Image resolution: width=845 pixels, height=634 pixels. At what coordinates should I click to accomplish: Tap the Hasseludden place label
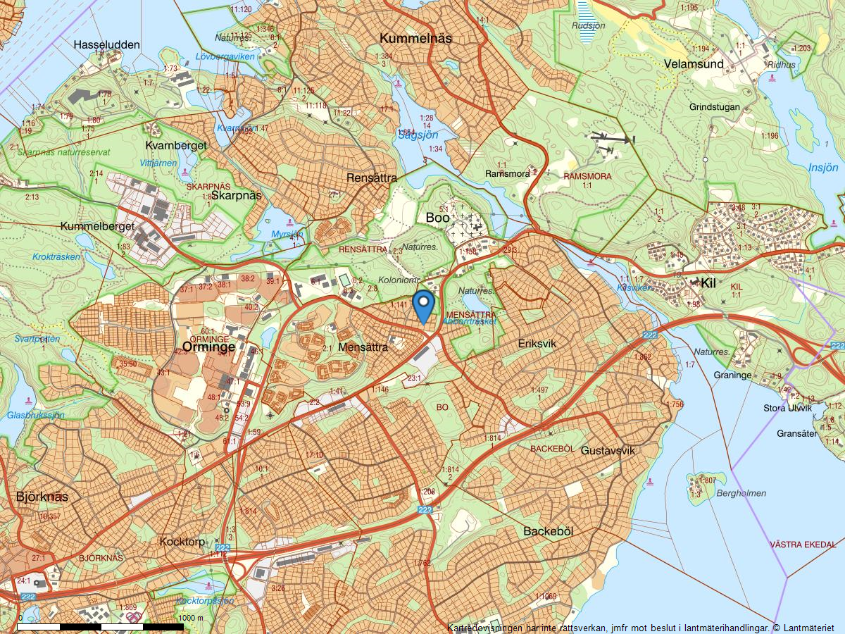[107, 44]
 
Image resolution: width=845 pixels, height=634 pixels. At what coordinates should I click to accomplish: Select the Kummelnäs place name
[415, 38]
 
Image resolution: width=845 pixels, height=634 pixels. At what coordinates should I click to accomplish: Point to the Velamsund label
[694, 64]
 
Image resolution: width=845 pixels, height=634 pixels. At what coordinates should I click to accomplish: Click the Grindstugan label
[714, 107]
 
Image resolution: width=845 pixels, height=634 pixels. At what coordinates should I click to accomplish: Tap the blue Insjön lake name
[823, 168]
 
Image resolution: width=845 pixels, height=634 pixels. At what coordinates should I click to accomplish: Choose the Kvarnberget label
[176, 145]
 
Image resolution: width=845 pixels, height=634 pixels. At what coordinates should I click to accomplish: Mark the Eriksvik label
[537, 343]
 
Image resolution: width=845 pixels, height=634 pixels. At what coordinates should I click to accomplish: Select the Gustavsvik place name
[608, 450]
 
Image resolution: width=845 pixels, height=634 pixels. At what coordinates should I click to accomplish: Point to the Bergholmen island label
[741, 493]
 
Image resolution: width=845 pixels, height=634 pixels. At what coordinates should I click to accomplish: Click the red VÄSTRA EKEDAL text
[803, 545]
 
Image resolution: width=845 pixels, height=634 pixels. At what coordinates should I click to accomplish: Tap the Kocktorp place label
[182, 542]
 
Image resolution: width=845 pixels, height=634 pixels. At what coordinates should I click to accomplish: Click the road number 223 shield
[223, 547]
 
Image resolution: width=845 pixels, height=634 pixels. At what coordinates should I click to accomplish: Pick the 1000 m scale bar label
[191, 618]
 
